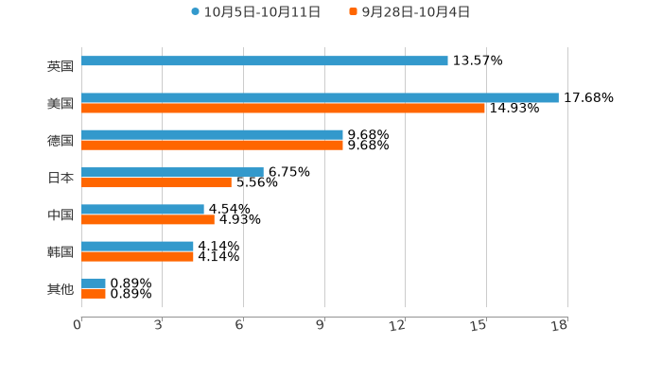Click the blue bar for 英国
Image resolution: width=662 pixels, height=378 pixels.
(265, 60)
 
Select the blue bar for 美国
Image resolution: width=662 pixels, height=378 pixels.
(320, 97)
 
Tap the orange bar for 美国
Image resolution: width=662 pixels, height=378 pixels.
(284, 108)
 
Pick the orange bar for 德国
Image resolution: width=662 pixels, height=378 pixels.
(212, 145)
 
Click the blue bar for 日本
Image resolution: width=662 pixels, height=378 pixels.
(172, 172)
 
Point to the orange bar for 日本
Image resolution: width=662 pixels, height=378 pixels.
(156, 182)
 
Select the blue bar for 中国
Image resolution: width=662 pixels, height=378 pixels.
(143, 209)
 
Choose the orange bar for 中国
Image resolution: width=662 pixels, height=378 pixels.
(148, 219)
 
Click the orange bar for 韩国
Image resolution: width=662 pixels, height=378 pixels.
(137, 256)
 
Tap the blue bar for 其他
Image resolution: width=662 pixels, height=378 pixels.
(94, 283)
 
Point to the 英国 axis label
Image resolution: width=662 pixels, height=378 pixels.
(61, 66)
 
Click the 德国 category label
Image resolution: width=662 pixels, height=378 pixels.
(61, 140)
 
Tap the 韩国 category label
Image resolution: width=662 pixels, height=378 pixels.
(61, 251)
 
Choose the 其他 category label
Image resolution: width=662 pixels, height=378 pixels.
(61, 288)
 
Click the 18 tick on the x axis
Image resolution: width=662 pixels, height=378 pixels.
(560, 326)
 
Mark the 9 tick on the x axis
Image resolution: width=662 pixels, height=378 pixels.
(322, 326)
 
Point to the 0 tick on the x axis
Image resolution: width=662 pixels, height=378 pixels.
(78, 326)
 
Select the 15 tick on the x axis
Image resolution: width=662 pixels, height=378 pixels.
(479, 326)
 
